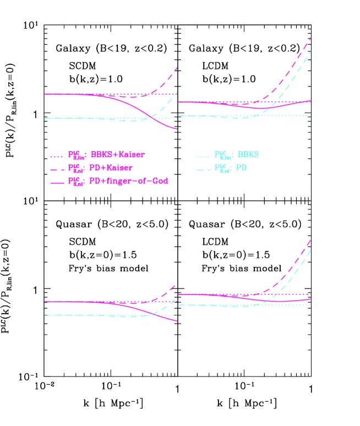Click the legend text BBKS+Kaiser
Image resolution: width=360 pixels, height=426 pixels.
[117, 155]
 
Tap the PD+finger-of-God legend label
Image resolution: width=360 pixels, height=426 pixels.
[128, 181]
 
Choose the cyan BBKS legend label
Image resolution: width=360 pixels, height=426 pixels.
[248, 155]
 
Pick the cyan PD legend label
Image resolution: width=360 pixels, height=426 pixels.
[241, 168]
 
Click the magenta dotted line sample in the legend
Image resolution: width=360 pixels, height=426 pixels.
[57, 157]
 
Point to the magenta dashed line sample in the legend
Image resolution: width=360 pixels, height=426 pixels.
[57, 170]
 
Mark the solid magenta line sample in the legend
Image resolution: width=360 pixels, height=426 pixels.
[57, 182]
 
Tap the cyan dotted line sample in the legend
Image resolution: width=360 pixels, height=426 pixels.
[203, 157]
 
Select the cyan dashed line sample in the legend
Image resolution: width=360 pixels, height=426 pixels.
[203, 170]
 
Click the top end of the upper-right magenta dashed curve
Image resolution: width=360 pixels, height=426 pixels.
[312, 37]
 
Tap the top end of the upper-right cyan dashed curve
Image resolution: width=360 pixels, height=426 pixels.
[311, 51]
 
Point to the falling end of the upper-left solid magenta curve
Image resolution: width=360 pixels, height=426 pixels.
[177, 129]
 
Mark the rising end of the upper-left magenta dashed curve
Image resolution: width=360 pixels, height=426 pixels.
[177, 68]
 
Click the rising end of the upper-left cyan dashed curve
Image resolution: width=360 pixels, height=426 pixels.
[177, 91]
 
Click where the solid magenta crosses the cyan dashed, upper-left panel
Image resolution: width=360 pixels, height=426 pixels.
[152, 116]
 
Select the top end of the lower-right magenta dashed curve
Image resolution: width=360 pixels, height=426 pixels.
[311, 239]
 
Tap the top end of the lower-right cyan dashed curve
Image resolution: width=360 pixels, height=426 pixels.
[311, 250]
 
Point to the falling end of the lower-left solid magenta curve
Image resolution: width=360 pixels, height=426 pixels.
[177, 320]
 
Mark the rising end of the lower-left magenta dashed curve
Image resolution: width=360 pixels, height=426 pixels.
[176, 285]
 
